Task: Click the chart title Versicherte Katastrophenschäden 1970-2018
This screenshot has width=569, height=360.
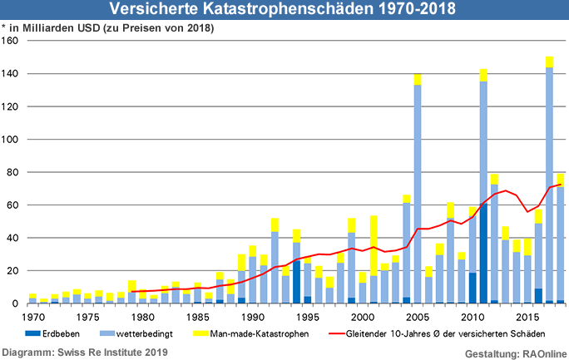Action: coord(284,10)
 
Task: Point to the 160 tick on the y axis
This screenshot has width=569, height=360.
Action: coord(11,41)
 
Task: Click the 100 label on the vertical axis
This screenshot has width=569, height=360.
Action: coord(11,140)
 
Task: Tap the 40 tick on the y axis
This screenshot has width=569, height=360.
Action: coord(13,238)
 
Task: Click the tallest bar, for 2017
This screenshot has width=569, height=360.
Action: coord(550,183)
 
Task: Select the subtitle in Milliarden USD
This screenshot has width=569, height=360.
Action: coord(108,28)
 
